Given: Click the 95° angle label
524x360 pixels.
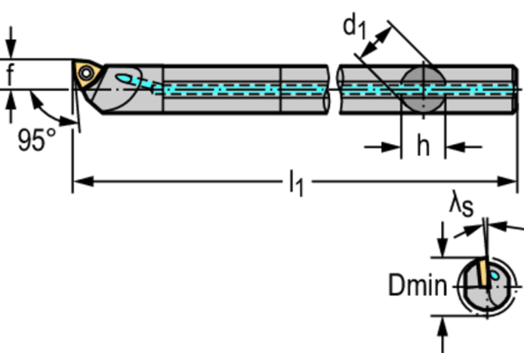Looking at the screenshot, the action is coord(37,140).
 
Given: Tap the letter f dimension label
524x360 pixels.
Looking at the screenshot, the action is coord(10,74).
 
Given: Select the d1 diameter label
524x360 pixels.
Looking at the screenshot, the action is coord(355,27).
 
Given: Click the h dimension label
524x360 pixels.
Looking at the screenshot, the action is coord(423,146).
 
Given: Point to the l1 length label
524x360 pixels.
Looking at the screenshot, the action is coord(296,183).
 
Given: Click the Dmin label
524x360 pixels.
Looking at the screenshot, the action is coord(418,285).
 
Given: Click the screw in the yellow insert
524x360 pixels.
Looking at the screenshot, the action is coord(87,74).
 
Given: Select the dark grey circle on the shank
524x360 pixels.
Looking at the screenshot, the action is coord(423,89).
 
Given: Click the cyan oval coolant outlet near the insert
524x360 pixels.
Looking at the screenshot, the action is coord(124,79).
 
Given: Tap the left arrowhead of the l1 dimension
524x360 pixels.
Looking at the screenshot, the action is coord(84,182).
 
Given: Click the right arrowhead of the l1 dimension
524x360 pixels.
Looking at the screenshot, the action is coord(508,182).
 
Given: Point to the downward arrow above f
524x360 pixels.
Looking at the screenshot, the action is coord(11,43).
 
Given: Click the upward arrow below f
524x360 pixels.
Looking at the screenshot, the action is coord(11,106).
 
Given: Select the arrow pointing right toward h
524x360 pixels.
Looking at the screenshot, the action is coord(382,147).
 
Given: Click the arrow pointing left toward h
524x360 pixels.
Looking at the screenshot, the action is coord(464,147).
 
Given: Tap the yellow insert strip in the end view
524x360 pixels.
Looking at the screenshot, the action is coord(483,273).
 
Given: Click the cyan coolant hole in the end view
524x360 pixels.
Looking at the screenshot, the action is coord(494,275).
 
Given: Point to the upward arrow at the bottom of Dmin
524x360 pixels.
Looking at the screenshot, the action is coord(443,334).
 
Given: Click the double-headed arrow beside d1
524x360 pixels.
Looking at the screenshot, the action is coord(376,42).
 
